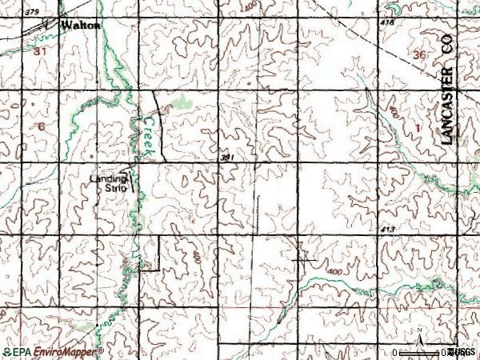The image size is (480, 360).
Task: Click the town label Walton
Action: pos(82,26)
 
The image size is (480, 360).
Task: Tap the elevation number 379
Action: pos(32,13)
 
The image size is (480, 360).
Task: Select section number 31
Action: pos(42,50)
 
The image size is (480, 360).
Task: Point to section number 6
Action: pos(41,126)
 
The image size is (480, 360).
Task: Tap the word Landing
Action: pos(108,179)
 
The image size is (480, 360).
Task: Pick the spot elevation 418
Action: pos(389,23)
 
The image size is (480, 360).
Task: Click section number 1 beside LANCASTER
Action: pos(417,128)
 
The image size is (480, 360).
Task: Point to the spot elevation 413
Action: pos(390,230)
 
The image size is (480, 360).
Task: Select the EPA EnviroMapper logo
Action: pos(53,352)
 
